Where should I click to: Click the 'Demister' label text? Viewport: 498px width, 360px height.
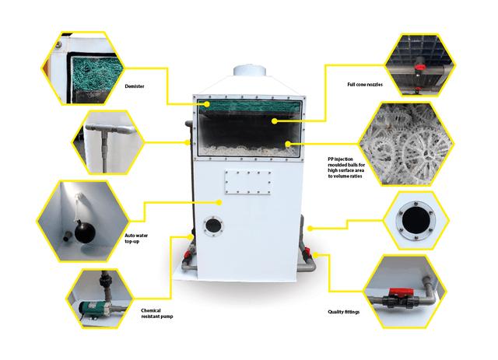[x=135, y=86]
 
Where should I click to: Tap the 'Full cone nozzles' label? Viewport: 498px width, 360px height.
[x=365, y=85]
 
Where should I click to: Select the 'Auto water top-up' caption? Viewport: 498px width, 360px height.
[x=136, y=238]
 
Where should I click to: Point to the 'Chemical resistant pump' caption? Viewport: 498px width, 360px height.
[x=157, y=313]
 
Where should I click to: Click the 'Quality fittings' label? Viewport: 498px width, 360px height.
[x=344, y=312]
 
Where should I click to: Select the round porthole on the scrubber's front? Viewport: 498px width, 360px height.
[x=213, y=225]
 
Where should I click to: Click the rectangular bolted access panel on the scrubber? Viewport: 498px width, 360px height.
[x=247, y=182]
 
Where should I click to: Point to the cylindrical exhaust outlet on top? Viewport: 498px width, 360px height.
[x=249, y=71]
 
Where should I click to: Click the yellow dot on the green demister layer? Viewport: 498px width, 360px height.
[x=207, y=104]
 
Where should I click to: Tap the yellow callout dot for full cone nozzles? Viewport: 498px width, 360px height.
[x=275, y=121]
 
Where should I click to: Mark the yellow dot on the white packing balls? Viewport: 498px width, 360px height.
[x=288, y=144]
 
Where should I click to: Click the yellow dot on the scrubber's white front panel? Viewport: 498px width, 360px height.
[x=219, y=202]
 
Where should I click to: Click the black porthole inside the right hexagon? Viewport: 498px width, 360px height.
[x=416, y=220]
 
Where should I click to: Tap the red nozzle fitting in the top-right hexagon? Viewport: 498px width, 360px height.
[x=420, y=68]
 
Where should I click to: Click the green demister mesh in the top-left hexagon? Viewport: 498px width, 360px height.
[x=96, y=74]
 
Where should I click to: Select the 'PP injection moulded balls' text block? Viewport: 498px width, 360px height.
[x=346, y=167]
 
